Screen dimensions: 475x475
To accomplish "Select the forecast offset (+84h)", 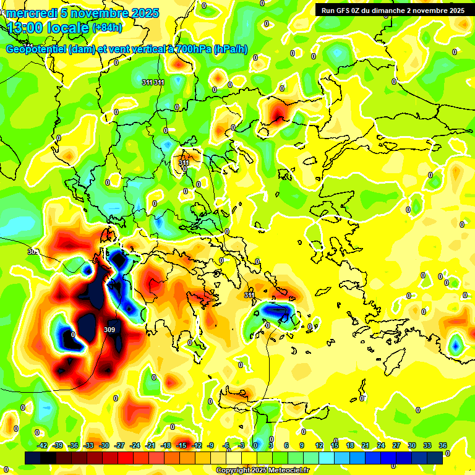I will click(x=107, y=28).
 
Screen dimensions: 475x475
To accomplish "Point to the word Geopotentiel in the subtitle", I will click(x=36, y=49).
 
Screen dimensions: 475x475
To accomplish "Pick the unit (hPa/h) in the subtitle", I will click(x=230, y=49).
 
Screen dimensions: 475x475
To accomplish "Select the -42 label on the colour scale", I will click(x=43, y=445).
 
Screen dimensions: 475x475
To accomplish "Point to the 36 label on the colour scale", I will click(x=442, y=445).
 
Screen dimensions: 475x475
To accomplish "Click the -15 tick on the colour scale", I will click(x=181, y=445).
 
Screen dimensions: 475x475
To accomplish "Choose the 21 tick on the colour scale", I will click(x=366, y=445).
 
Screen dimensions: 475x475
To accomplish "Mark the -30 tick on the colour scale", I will click(x=104, y=445).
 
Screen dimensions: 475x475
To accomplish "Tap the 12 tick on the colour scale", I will click(x=319, y=445).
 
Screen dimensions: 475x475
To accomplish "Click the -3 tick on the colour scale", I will click(x=242, y=445).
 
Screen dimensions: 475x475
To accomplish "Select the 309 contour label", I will click(x=109, y=330).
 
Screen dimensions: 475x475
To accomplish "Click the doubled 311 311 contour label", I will click(x=153, y=82).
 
